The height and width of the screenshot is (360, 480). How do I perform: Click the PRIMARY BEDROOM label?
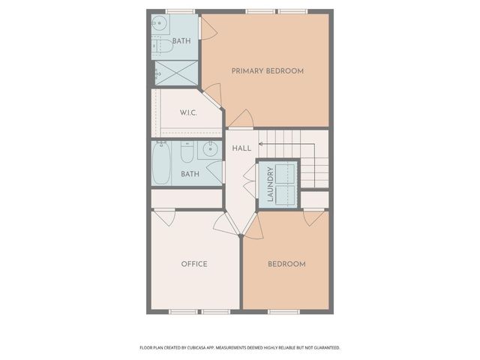(x=267, y=71)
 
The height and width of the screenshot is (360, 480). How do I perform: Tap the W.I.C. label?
(x=188, y=113)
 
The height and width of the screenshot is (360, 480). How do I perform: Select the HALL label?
(x=241, y=148)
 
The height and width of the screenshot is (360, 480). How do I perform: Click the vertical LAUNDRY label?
(x=270, y=184)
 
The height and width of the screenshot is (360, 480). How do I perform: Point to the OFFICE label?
(x=194, y=264)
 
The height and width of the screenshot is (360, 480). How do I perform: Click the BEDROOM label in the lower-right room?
(x=286, y=264)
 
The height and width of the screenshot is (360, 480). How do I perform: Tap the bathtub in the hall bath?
(x=163, y=163)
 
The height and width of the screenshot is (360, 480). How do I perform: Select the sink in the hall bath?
(x=207, y=151)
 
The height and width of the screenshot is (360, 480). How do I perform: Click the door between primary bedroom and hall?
(x=241, y=120)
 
